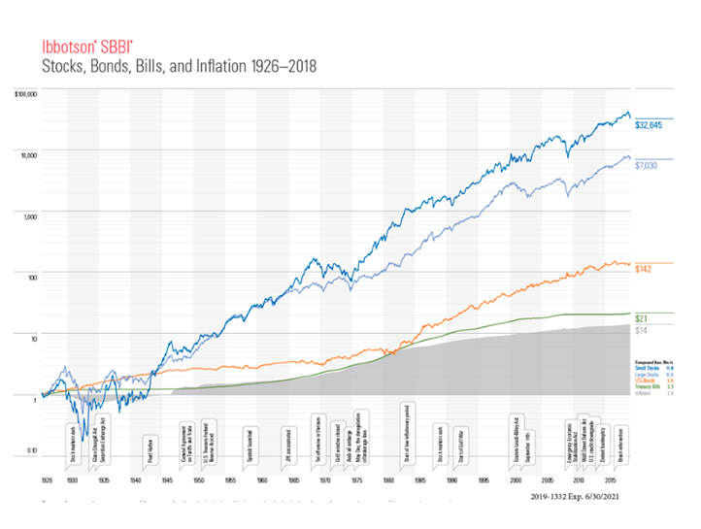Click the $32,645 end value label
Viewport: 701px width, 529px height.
(649, 125)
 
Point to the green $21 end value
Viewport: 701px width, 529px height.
(640, 318)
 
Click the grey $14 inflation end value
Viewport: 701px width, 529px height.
(640, 331)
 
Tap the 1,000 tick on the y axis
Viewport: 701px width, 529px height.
(29, 215)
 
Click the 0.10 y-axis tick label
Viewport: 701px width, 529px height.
(30, 451)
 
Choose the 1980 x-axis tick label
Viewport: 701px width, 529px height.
(388, 480)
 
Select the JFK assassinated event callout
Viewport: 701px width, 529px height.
(289, 446)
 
